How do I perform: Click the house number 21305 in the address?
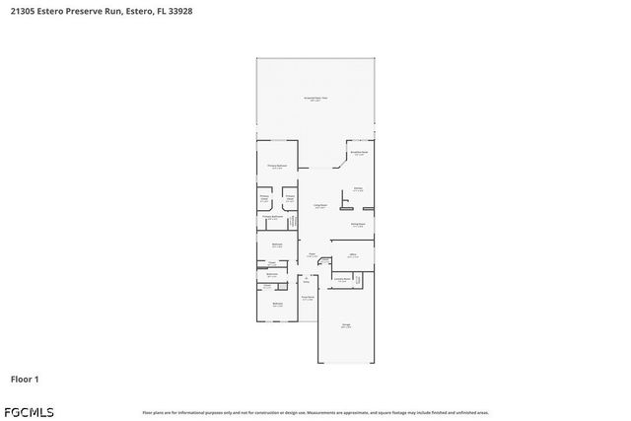tap(24, 12)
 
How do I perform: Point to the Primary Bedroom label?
tap(277, 167)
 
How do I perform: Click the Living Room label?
tap(320, 206)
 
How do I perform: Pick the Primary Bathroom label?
tap(273, 218)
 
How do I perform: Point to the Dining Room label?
tap(358, 225)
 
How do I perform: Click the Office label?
tap(353, 255)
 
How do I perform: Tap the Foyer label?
tap(312, 255)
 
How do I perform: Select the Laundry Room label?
tap(342, 279)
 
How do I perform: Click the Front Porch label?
tap(308, 298)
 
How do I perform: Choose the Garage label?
tap(345, 325)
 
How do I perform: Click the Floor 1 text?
tap(24, 379)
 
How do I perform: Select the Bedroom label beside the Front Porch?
tap(277, 305)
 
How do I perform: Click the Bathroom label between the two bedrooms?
tap(271, 275)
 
